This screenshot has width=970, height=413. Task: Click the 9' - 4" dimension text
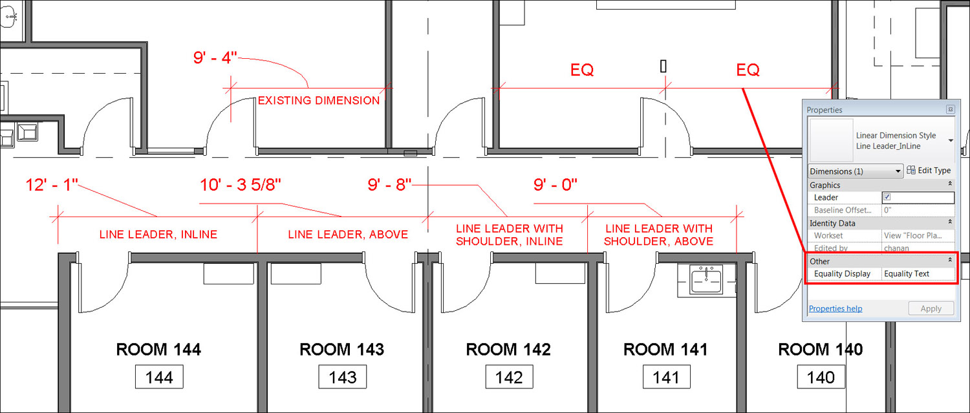click(x=215, y=58)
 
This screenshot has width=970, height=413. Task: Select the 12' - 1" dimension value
click(x=52, y=185)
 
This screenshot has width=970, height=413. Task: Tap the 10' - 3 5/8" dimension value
click(x=241, y=185)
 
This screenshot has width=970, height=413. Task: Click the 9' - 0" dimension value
click(x=555, y=185)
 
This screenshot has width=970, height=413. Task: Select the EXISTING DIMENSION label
click(x=319, y=101)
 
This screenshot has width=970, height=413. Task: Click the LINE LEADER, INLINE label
click(x=158, y=235)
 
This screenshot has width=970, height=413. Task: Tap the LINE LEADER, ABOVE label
click(x=348, y=235)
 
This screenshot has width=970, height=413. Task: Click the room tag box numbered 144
click(x=159, y=377)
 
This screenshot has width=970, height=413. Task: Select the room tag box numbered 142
click(x=509, y=377)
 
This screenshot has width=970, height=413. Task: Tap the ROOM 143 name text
click(x=341, y=350)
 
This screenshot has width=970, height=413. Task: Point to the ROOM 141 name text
click(x=665, y=350)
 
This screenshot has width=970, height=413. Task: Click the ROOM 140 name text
click(x=820, y=350)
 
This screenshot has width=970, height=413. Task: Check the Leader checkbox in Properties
click(x=887, y=197)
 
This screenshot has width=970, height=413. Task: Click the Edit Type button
click(x=929, y=171)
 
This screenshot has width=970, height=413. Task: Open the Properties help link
click(x=835, y=308)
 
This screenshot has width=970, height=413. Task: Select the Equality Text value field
click(x=918, y=273)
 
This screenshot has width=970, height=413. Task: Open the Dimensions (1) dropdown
click(x=856, y=171)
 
